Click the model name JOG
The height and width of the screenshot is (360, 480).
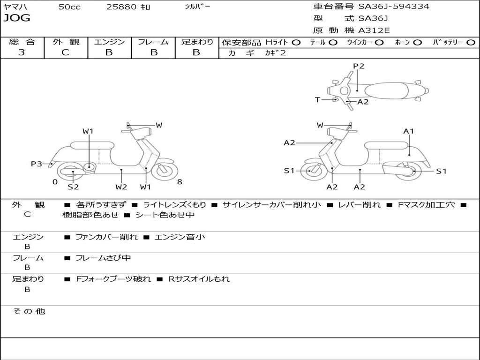pos(17,18)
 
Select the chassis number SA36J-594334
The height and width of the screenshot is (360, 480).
pos(394,6)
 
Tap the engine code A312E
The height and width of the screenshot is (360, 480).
pos(374,30)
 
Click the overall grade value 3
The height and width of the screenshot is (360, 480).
pos(22,52)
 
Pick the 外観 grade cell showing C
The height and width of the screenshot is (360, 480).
pos(65,52)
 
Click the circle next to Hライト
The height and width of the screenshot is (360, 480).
pos(296,43)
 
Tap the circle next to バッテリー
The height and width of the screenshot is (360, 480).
pos(471,43)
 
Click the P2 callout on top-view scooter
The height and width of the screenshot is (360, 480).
pos(359,66)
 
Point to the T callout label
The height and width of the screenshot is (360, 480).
pos(317,99)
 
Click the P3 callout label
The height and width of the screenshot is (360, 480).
pos(37,164)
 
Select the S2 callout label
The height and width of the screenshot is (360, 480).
pos(73,187)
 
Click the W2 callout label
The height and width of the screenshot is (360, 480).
pos(121,187)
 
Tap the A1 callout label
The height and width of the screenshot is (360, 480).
pos(408,131)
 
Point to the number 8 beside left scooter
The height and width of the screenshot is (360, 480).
pos(180,182)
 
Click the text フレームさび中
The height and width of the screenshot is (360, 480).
pos(103,258)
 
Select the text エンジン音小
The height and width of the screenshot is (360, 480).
pos(180,237)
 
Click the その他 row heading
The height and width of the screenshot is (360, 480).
pos(29,311)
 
